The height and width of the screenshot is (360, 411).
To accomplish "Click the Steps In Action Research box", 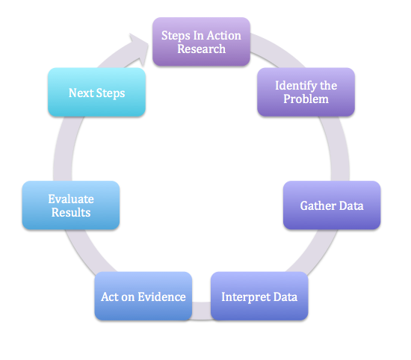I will pyautogui.click(x=201, y=43).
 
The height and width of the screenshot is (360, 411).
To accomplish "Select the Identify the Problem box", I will pyautogui.click(x=306, y=92).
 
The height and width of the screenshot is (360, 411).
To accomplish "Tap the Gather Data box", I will pyautogui.click(x=332, y=205).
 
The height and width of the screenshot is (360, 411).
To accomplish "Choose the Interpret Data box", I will pyautogui.click(x=259, y=297).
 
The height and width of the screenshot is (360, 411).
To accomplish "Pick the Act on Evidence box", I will pyautogui.click(x=143, y=297).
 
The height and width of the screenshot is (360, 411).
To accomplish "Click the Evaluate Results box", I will pyautogui.click(x=70, y=205).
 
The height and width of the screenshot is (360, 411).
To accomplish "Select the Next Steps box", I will pyautogui.click(x=96, y=93).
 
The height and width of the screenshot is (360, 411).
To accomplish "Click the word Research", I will pyautogui.click(x=202, y=49).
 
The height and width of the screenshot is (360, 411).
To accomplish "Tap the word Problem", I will pyautogui.click(x=306, y=99).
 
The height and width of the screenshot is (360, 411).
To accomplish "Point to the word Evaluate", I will pyautogui.click(x=71, y=199).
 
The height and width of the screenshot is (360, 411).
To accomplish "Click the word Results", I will pyautogui.click(x=71, y=213).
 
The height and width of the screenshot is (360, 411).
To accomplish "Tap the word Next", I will pyautogui.click(x=81, y=93).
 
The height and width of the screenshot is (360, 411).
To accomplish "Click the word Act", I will pyautogui.click(x=110, y=297).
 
